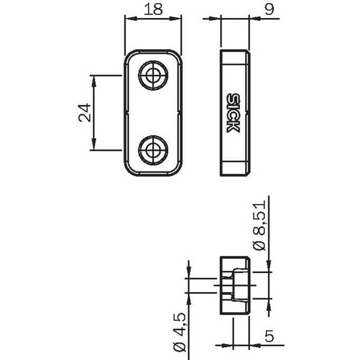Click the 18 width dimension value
(x=153, y=9)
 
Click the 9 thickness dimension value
(x=269, y=9)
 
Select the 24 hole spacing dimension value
(x=84, y=113)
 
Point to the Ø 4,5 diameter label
(x=179, y=332)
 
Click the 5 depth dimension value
(x=269, y=336)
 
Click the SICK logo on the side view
(x=233, y=113)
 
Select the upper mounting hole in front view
(x=153, y=75)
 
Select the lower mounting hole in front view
(x=153, y=150)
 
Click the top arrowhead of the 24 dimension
(x=94, y=82)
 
